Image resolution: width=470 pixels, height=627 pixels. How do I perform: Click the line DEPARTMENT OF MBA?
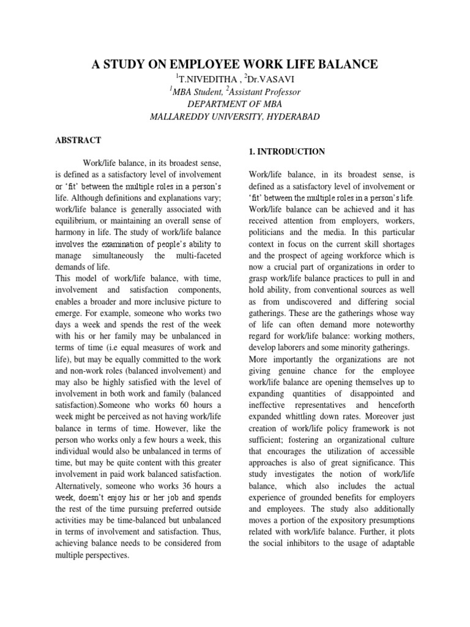pos(234,104)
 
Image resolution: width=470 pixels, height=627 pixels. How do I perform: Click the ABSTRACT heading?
pos(78,140)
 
